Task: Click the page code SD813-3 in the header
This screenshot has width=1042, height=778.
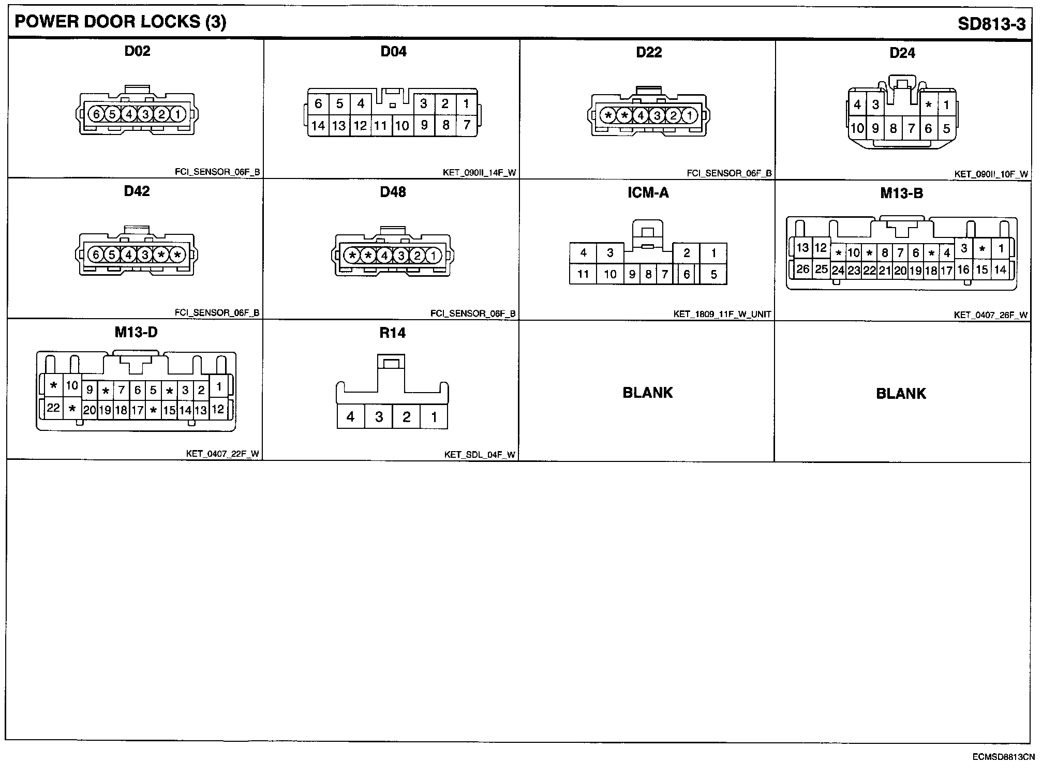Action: click(x=991, y=24)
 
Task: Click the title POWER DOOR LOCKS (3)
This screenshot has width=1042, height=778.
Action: click(x=120, y=22)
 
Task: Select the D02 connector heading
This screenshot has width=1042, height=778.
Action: click(x=137, y=51)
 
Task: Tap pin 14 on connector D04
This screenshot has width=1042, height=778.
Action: click(x=318, y=125)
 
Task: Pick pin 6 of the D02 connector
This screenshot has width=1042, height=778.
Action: click(x=96, y=114)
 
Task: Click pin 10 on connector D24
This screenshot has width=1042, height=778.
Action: click(x=857, y=128)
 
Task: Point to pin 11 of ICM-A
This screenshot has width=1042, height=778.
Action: click(x=583, y=274)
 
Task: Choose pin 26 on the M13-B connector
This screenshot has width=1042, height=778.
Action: click(x=802, y=268)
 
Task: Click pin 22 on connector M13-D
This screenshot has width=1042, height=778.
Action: click(x=53, y=408)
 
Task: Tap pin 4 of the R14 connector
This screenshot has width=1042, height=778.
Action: click(x=350, y=416)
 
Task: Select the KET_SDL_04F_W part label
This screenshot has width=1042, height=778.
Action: click(x=480, y=455)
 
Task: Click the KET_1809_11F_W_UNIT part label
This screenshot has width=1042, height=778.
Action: click(x=722, y=314)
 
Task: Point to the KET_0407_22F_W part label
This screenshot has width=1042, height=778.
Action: click(x=222, y=454)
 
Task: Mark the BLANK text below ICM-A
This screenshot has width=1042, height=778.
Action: click(x=647, y=393)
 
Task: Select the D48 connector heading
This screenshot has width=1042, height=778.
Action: click(x=393, y=192)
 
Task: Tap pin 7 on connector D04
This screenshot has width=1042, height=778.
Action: click(x=467, y=125)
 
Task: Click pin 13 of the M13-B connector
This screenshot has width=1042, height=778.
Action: click(x=802, y=247)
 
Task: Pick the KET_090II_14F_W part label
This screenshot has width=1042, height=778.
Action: click(x=479, y=173)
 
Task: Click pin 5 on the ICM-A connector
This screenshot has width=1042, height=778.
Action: click(x=713, y=274)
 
